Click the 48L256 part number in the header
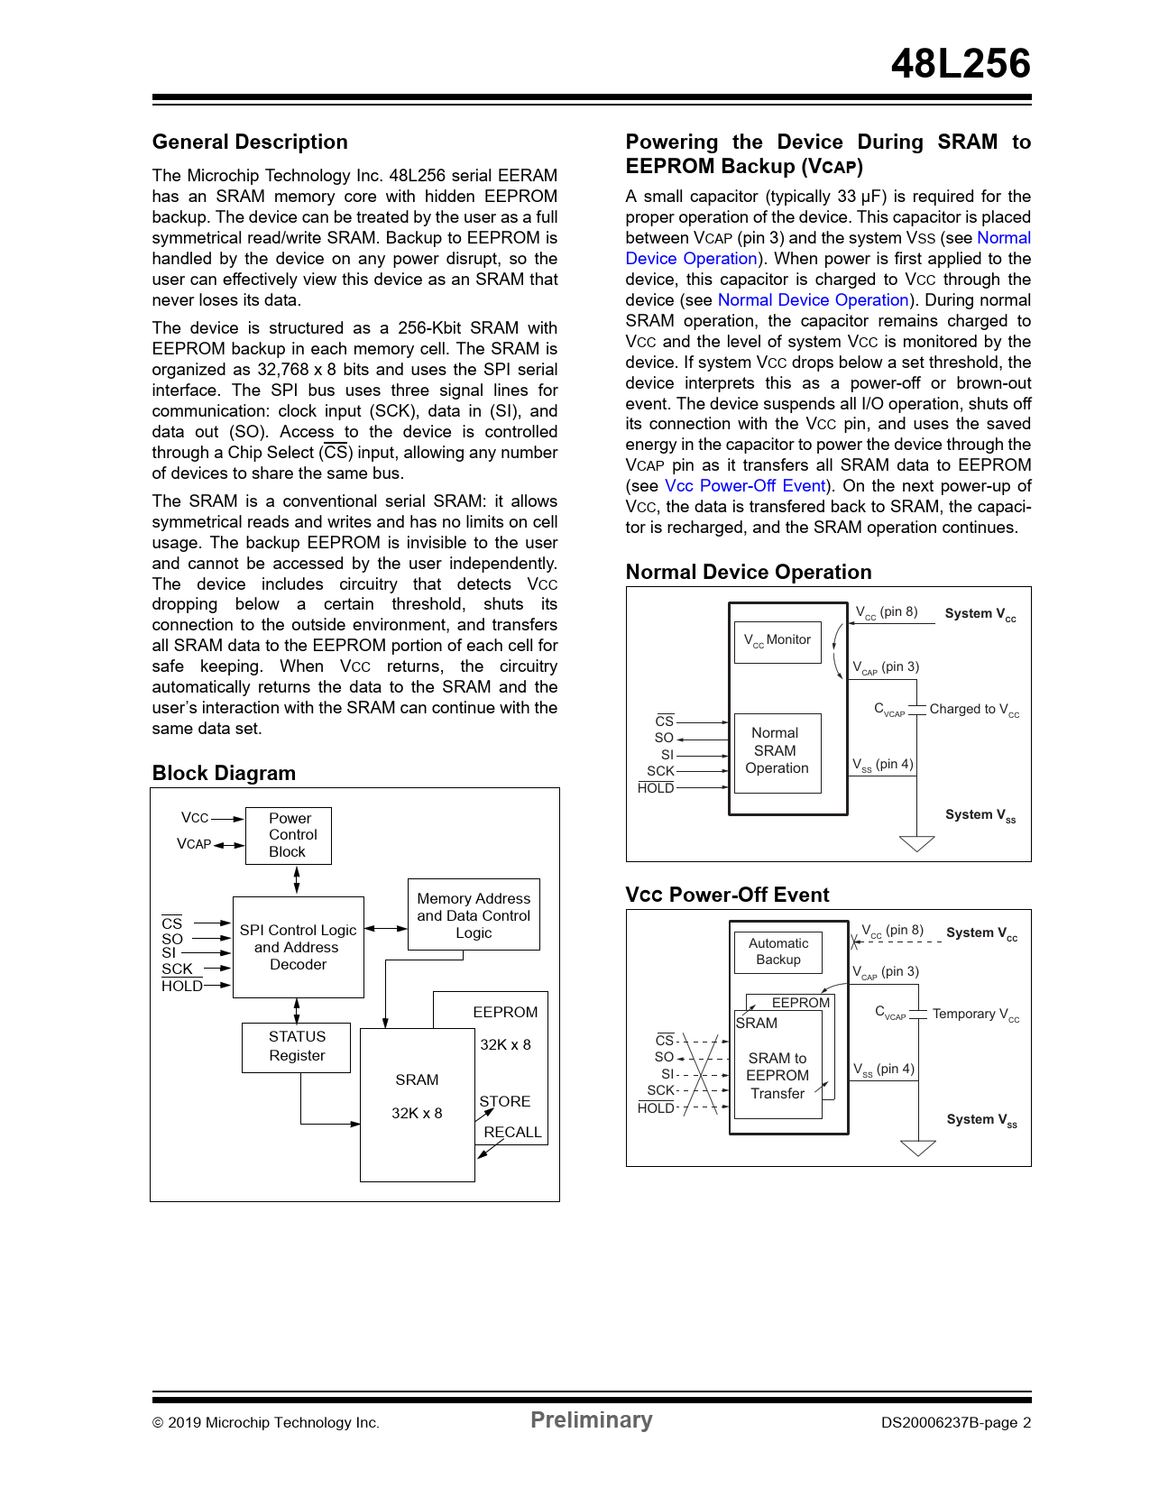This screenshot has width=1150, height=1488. [960, 64]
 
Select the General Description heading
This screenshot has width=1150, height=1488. [250, 142]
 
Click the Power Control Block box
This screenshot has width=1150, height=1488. [289, 835]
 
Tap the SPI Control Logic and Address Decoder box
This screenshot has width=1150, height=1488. [298, 947]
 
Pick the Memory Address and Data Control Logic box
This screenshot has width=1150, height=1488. [474, 915]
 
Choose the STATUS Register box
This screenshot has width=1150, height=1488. [296, 1047]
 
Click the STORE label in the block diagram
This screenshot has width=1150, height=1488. [505, 1102]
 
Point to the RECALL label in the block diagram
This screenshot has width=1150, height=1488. [512, 1133]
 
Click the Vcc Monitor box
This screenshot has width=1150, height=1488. [777, 641]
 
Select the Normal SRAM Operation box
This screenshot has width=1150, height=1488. [777, 751]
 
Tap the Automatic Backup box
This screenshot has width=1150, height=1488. [777, 951]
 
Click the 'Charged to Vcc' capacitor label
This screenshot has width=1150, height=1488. [974, 710]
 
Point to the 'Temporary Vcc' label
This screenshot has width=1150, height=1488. [975, 1015]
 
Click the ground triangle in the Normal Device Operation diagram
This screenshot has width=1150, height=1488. [917, 844]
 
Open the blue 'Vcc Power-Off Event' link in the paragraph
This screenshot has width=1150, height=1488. [745, 486]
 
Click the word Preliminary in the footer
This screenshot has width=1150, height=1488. [591, 1420]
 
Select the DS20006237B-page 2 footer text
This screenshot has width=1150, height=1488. [956, 1423]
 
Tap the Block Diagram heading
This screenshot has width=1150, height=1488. [224, 774]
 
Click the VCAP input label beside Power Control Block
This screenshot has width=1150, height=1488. [194, 844]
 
